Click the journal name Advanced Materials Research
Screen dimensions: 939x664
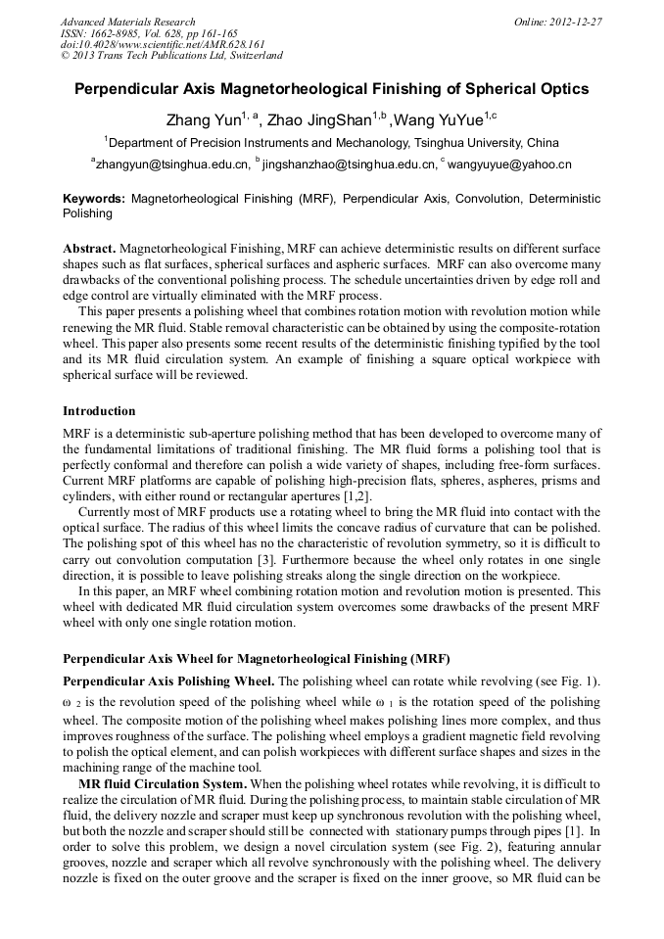(128, 22)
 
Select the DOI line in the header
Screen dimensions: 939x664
(163, 44)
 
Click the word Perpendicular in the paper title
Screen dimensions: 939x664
(125, 89)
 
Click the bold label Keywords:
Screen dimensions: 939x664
(94, 198)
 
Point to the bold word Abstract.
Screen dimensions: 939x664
(89, 249)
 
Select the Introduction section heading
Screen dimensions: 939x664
(99, 411)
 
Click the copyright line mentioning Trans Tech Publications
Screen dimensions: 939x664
(171, 56)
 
